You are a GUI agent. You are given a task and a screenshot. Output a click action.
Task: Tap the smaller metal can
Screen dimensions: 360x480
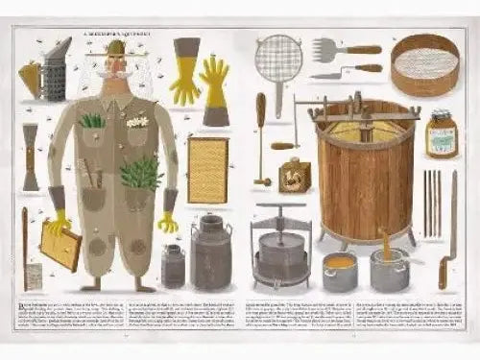[x=174, y=265]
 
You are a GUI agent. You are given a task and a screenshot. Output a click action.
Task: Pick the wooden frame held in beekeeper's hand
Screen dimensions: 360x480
[x=60, y=248]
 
